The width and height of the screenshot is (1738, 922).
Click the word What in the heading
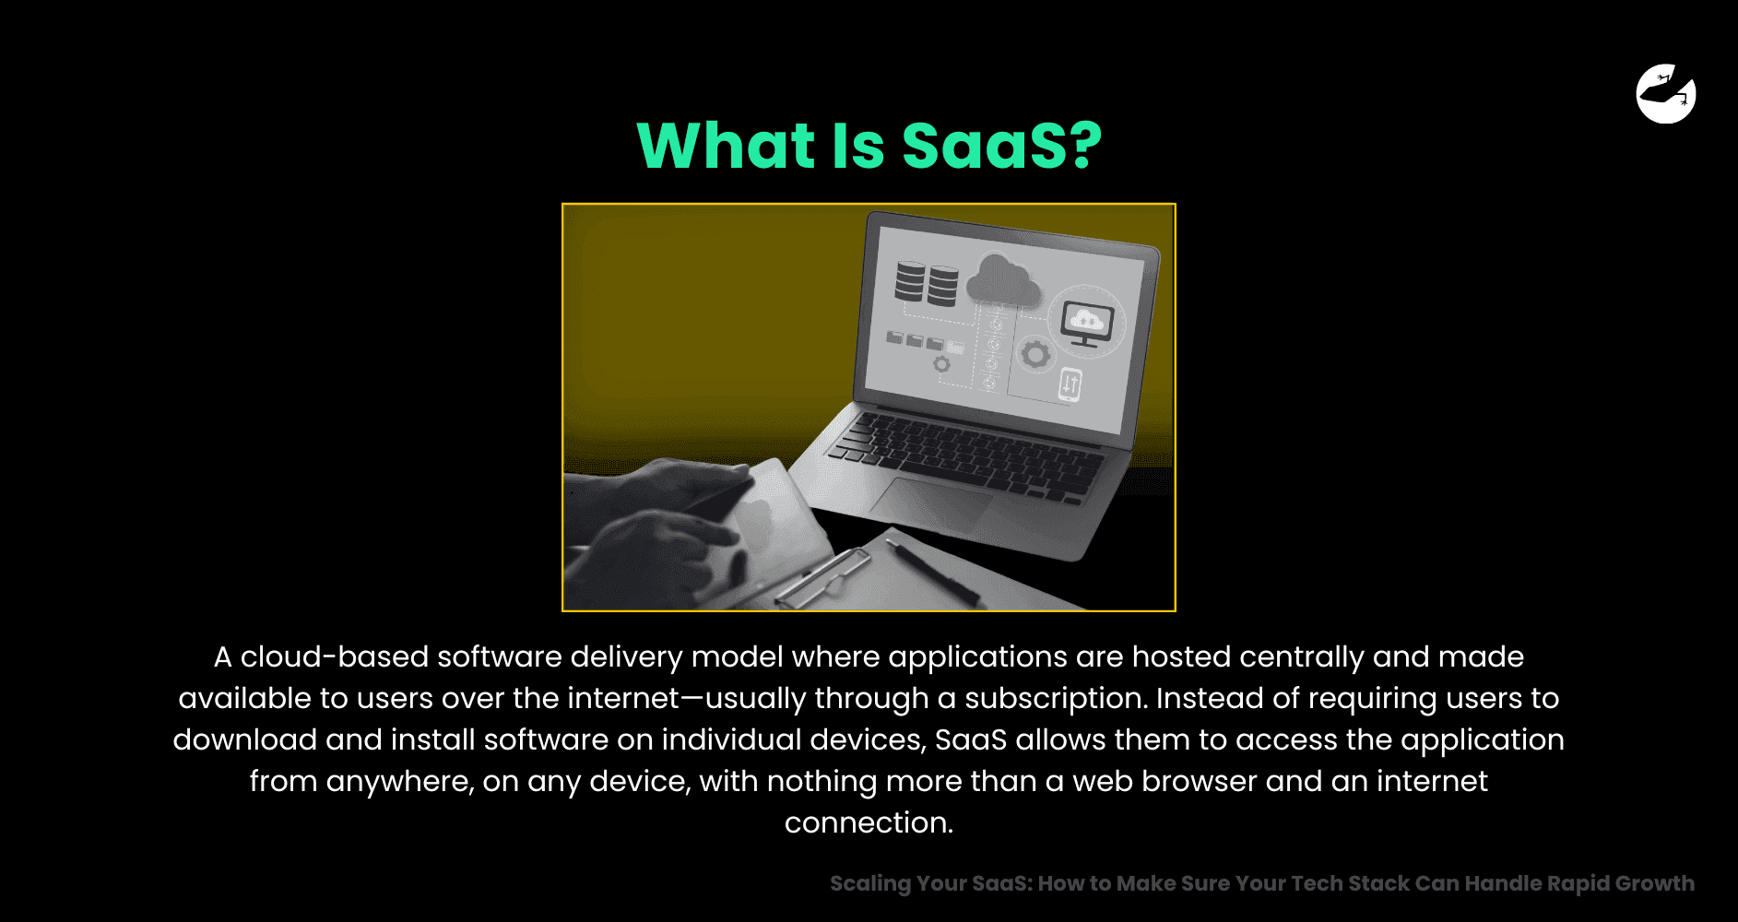(x=727, y=146)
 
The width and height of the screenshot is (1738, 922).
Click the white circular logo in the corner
(x=1666, y=93)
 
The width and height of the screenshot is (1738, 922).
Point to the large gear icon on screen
(x=1035, y=354)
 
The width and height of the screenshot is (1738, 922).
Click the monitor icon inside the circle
(x=1087, y=324)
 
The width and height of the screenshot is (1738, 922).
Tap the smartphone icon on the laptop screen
(x=1070, y=384)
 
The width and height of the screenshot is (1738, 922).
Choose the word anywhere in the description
(x=400, y=782)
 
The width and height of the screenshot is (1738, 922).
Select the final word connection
(x=869, y=822)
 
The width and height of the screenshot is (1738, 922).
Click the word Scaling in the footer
(x=870, y=883)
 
